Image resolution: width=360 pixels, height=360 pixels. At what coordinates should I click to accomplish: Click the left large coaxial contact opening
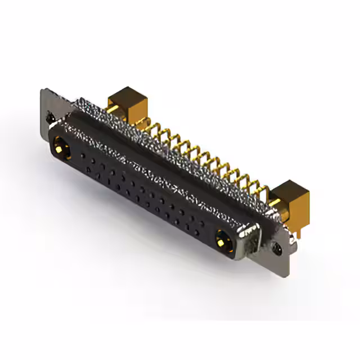click(61, 148)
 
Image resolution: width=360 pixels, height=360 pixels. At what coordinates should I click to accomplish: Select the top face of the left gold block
click(127, 94)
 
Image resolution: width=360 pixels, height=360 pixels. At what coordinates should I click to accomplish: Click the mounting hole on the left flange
click(51, 118)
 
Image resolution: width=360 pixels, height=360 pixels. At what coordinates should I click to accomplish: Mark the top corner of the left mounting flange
click(43, 89)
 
